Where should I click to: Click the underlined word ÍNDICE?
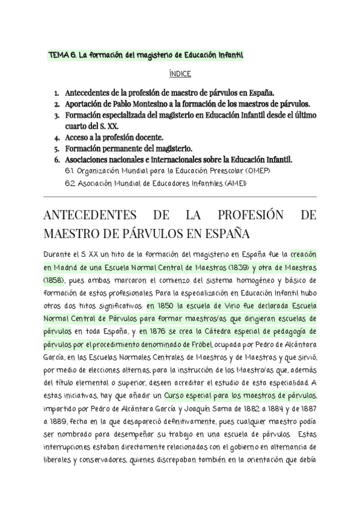click(x=180, y=74)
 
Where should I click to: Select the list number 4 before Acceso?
click(x=56, y=137)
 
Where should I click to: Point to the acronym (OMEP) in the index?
click(x=257, y=171)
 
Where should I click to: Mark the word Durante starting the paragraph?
click(x=61, y=254)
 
